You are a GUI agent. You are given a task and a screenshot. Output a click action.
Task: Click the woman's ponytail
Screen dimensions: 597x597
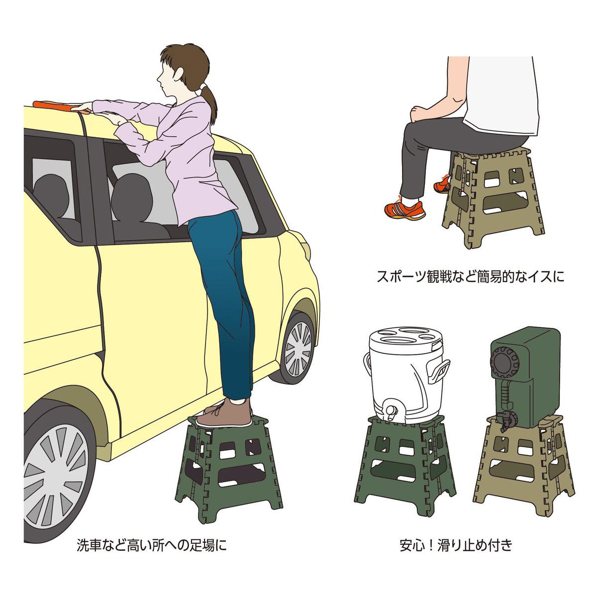[x=212, y=102]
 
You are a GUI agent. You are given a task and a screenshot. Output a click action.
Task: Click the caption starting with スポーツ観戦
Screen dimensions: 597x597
[x=471, y=277]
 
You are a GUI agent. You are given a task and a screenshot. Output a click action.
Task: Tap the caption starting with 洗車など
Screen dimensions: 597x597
[x=151, y=545]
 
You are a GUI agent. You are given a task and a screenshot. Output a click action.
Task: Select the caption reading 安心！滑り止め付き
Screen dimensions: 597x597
[x=456, y=545]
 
